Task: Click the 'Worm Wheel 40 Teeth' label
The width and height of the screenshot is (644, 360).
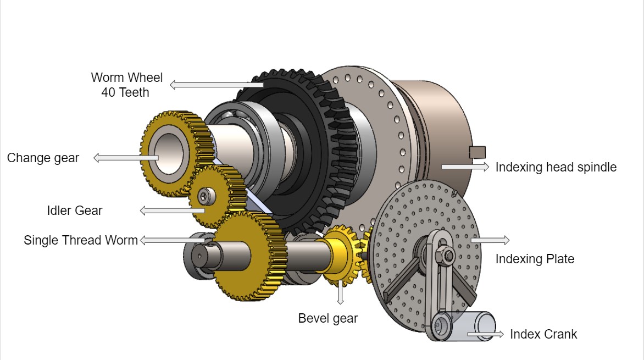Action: (x=127, y=85)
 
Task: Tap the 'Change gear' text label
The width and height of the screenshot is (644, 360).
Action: (x=43, y=158)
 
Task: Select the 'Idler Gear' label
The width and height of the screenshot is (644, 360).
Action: (x=75, y=211)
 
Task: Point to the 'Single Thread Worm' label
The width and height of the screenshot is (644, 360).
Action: (x=81, y=240)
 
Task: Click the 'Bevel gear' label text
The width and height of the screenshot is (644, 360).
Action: (x=328, y=318)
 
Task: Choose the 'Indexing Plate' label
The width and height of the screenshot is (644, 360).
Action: (x=535, y=259)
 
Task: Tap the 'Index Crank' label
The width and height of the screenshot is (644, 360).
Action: (x=543, y=334)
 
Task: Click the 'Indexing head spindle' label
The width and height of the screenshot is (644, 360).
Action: (x=556, y=167)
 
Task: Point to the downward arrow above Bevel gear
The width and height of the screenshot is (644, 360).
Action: (x=340, y=292)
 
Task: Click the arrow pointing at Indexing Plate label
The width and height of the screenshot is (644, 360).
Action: (x=490, y=240)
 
